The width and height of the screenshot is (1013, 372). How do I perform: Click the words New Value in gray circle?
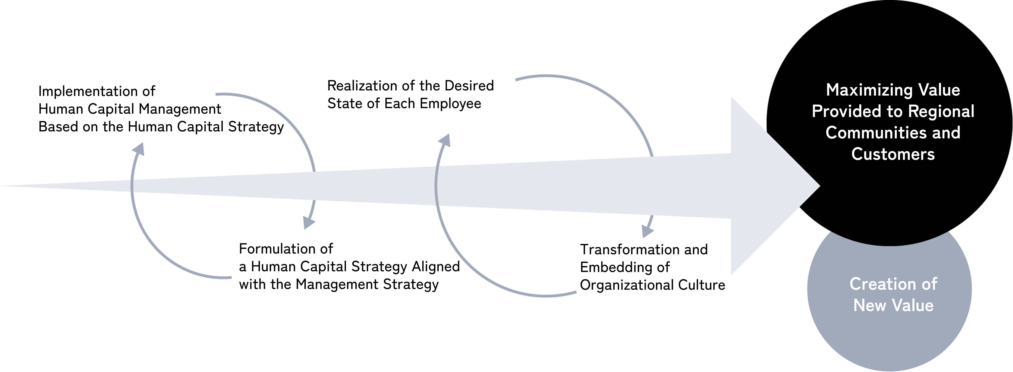click(893, 305)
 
